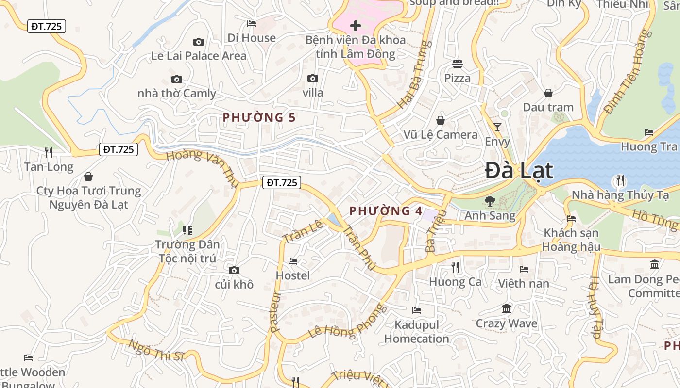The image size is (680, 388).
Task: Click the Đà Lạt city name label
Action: (x=519, y=171)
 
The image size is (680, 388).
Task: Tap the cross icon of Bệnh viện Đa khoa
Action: (x=356, y=25)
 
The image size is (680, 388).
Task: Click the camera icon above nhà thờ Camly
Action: (x=177, y=79)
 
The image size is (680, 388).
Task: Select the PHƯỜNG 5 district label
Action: (x=259, y=117)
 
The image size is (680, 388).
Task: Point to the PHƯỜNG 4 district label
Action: (x=386, y=211)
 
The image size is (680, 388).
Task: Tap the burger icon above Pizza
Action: (x=457, y=64)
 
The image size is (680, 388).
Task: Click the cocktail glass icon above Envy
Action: (x=497, y=127)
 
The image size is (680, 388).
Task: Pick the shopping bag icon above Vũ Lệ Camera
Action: (x=441, y=120)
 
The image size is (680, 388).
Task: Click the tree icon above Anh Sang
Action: (x=490, y=201)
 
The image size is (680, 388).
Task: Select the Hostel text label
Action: (x=292, y=275)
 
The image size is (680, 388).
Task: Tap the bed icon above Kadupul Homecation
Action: (x=416, y=310)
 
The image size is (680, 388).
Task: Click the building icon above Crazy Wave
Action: (x=507, y=308)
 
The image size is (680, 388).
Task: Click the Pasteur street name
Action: (x=275, y=311)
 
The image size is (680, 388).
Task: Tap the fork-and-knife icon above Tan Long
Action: (x=49, y=152)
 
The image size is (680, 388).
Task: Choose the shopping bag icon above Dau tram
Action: (x=548, y=93)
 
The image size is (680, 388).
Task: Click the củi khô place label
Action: (x=234, y=284)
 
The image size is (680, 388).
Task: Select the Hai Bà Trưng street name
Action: (x=414, y=75)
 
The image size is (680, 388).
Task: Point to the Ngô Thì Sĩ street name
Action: (x=156, y=351)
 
